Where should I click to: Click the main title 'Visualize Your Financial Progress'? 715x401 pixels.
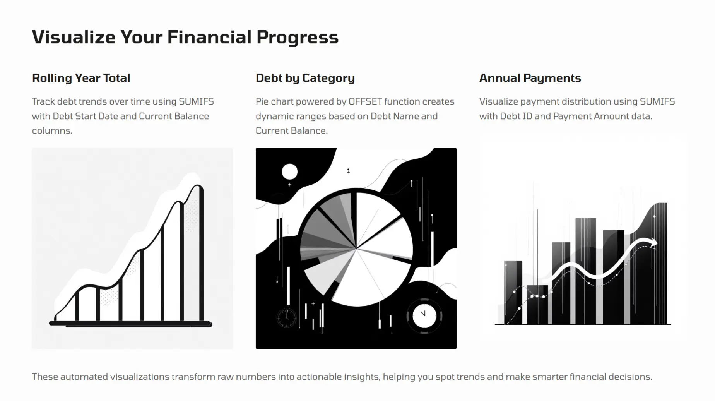(185, 38)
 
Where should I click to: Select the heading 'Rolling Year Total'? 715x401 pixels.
(81, 78)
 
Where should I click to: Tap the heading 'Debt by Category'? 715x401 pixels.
(305, 79)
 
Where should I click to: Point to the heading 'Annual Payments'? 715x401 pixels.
(530, 79)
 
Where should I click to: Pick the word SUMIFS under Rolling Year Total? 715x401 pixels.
(196, 101)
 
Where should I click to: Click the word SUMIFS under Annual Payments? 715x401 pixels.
(657, 101)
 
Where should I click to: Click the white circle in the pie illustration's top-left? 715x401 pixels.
(289, 171)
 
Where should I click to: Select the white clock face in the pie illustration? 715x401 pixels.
(424, 316)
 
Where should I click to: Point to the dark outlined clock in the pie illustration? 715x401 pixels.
(287, 318)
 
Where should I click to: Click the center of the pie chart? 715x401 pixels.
(356, 248)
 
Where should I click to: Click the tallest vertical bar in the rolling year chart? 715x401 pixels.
(201, 253)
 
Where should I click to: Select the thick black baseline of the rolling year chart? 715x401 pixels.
(131, 324)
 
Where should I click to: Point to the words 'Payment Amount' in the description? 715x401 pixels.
(585, 116)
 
